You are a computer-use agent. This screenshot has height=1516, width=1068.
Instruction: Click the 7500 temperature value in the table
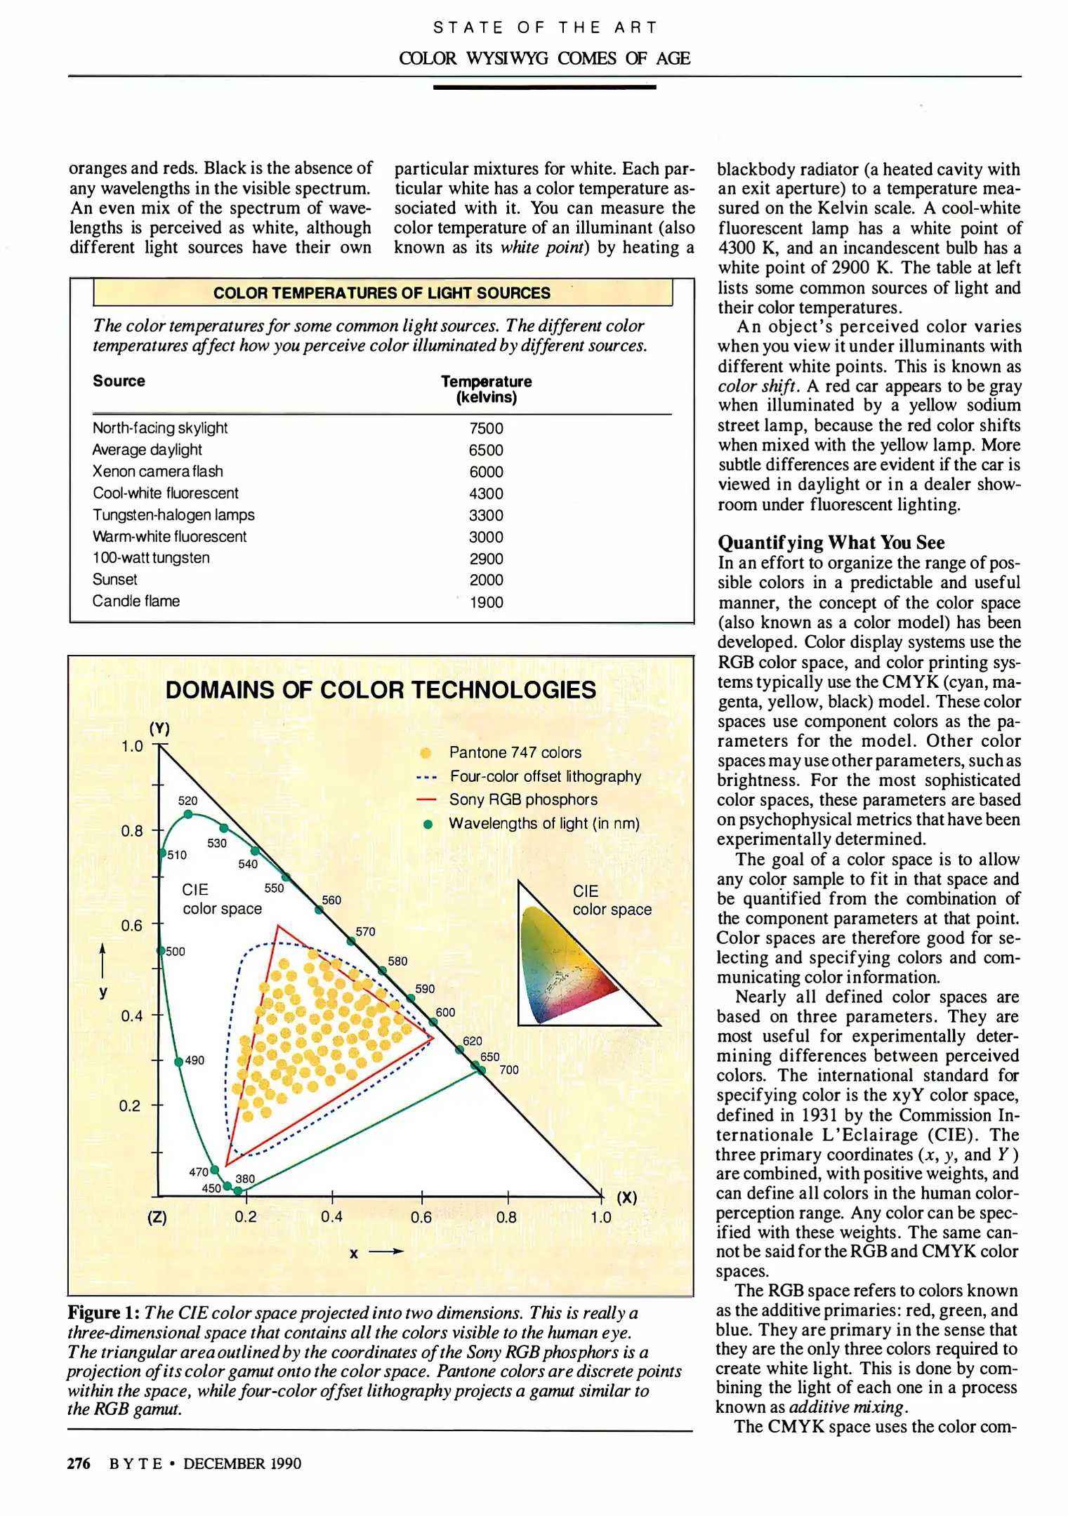486,428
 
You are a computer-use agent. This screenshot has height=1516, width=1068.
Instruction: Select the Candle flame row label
136,601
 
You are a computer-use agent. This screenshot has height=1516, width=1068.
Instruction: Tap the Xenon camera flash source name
158,472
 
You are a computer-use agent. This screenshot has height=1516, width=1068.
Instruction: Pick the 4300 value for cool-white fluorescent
486,493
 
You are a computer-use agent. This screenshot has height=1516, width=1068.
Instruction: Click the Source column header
119,381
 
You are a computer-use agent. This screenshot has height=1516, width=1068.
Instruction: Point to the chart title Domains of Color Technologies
381,690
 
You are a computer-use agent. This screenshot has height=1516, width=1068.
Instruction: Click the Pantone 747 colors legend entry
515,752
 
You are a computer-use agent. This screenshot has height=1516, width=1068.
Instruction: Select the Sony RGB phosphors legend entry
523,799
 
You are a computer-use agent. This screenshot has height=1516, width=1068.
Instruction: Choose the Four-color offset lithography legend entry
546,776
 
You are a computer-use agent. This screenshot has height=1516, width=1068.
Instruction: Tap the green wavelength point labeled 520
188,814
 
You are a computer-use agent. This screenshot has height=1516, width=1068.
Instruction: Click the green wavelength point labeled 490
179,1061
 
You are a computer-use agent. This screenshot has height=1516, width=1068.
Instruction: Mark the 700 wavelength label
509,1070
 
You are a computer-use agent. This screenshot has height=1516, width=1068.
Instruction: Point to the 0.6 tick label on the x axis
421,1217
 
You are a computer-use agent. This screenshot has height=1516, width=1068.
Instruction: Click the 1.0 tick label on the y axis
132,746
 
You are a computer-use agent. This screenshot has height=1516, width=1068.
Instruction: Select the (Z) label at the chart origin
157,1217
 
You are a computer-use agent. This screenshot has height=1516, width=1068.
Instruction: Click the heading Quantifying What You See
831,543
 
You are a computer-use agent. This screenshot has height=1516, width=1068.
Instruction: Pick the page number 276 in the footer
79,1463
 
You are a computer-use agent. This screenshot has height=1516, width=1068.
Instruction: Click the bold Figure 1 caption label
103,1312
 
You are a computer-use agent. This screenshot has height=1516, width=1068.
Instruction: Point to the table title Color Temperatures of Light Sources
382,293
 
